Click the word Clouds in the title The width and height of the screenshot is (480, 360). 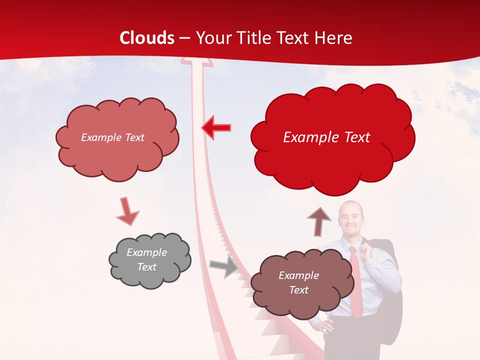click(147, 38)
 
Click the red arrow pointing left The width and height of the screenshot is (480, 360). click(216, 128)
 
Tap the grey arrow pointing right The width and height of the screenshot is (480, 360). click(223, 266)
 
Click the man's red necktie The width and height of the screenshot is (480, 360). click(355, 282)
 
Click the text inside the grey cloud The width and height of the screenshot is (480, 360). click(147, 259)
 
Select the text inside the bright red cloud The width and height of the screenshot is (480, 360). click(326, 137)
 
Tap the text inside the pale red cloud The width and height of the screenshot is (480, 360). click(112, 137)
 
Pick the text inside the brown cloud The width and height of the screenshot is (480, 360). click(298, 282)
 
